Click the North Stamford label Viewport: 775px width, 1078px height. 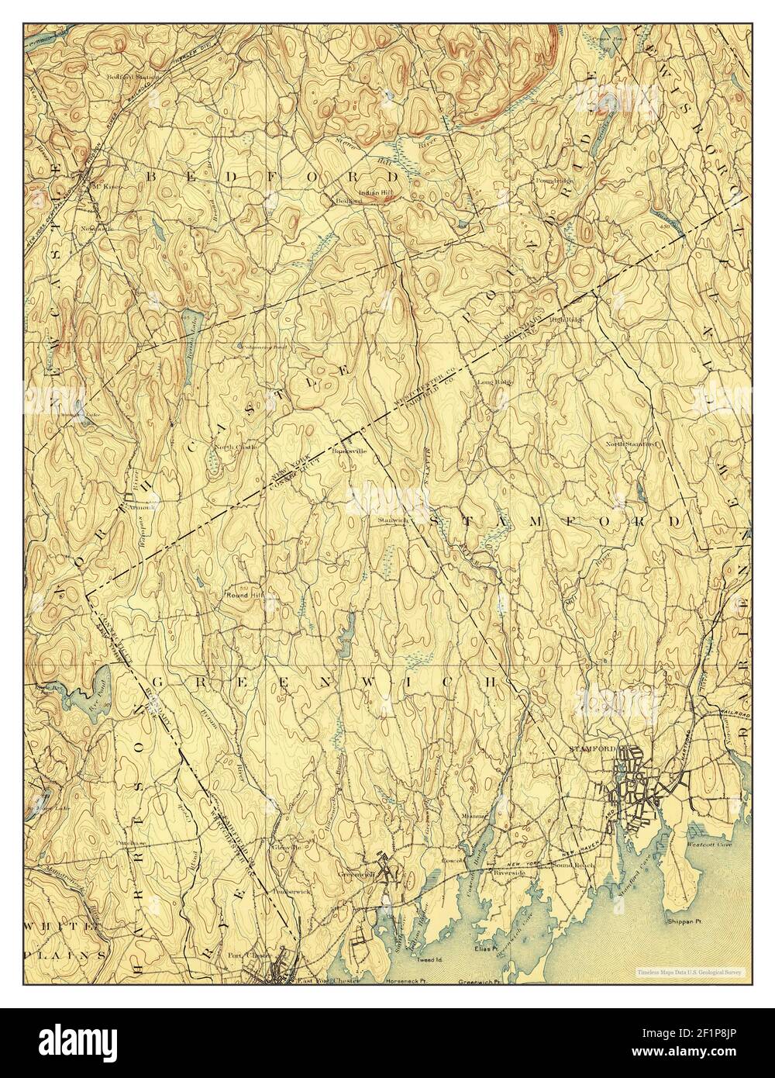[x=631, y=444]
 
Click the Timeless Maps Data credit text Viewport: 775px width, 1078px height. [x=689, y=971]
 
